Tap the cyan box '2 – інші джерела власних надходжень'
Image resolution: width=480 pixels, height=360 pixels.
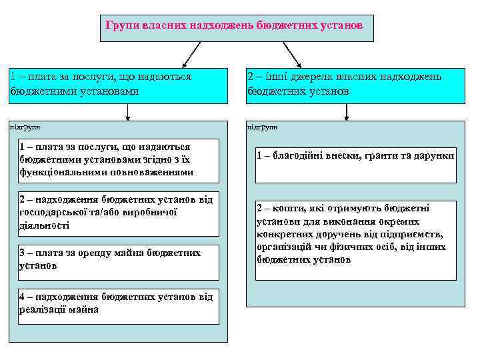355,85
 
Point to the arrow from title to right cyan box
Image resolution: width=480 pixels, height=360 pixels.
292,54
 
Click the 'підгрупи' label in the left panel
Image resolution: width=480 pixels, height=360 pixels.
25,126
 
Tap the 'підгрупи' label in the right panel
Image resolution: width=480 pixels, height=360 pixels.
262,127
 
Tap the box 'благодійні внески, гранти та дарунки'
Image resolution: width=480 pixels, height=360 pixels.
355,165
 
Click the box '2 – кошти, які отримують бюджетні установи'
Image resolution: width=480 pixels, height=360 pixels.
355,234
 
